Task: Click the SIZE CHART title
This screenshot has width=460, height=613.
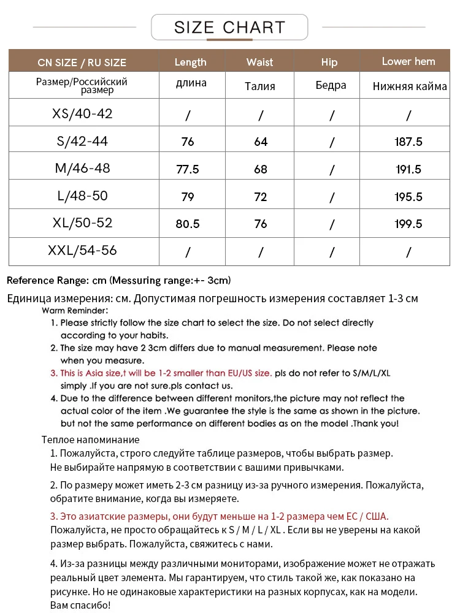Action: coord(229,28)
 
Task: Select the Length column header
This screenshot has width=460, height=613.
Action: coord(190,62)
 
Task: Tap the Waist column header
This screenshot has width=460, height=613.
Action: coord(259,62)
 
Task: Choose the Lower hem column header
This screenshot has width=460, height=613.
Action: coord(408,61)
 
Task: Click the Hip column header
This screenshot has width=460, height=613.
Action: coord(329,62)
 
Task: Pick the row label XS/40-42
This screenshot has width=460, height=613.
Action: coord(82,114)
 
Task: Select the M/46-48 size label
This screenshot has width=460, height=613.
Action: coord(82,168)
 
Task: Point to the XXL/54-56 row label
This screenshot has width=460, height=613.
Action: coord(82,250)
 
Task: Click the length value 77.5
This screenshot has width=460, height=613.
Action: coord(188,169)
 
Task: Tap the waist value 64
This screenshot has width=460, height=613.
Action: coord(261,142)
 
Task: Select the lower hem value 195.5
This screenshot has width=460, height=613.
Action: coord(408,197)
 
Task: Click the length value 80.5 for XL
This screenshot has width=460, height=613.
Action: coord(188,224)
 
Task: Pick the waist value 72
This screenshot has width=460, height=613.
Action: coord(261,197)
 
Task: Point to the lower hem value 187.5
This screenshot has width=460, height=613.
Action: coord(408,142)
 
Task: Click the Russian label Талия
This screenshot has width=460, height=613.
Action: coord(260,86)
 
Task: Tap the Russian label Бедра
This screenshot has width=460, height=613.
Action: coord(331,86)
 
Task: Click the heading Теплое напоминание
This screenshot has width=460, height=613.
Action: coord(90,440)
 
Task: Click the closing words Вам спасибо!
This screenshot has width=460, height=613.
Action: coord(80,606)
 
